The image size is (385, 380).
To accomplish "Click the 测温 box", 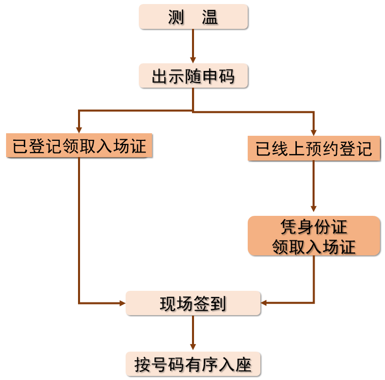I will (x=194, y=17).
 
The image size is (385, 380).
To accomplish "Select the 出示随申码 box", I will (x=194, y=77).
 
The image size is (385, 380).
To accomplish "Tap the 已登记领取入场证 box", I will (x=79, y=146).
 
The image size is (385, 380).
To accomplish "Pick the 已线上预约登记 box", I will (x=314, y=149).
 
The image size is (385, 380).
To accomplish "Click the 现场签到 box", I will (x=193, y=303).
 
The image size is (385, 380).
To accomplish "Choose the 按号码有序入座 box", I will (x=193, y=364).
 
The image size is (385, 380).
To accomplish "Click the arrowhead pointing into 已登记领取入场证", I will (x=79, y=130).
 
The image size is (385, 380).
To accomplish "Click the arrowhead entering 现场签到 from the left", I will (x=122, y=303).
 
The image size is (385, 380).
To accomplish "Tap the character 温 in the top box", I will (x=210, y=18).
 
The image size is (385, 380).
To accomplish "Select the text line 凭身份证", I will (x=314, y=226).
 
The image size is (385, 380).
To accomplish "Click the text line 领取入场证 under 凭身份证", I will (x=314, y=246).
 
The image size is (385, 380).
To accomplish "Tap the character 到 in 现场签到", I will (x=218, y=304).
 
